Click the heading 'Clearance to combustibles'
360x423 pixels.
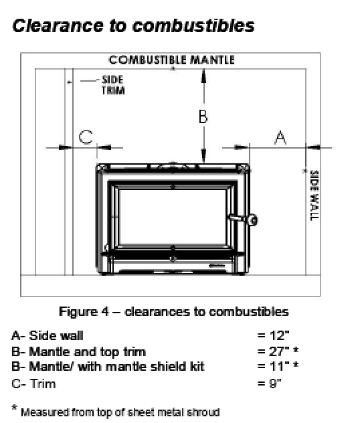click(x=133, y=25)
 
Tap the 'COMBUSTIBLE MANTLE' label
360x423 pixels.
click(x=171, y=60)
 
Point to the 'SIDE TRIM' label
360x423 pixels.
click(x=113, y=85)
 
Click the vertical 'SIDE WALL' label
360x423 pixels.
click(x=314, y=195)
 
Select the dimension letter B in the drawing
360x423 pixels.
click(x=203, y=116)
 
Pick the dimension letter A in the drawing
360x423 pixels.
click(x=280, y=138)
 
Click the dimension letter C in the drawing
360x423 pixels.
click(x=86, y=137)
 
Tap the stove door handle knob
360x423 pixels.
click(x=253, y=220)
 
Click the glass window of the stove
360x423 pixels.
click(x=173, y=217)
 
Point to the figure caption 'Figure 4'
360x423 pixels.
click(x=84, y=312)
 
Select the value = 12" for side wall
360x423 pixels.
click(x=273, y=335)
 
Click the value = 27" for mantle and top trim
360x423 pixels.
click(x=278, y=351)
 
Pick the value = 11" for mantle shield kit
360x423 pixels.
click(x=278, y=366)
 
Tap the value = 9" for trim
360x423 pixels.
click(x=270, y=383)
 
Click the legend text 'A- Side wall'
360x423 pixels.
click(x=48, y=335)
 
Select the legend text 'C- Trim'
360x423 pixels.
click(x=34, y=384)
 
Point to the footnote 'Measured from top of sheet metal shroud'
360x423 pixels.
click(x=120, y=412)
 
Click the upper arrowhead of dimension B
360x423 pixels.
click(x=204, y=76)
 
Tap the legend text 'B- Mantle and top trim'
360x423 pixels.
click(x=79, y=352)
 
